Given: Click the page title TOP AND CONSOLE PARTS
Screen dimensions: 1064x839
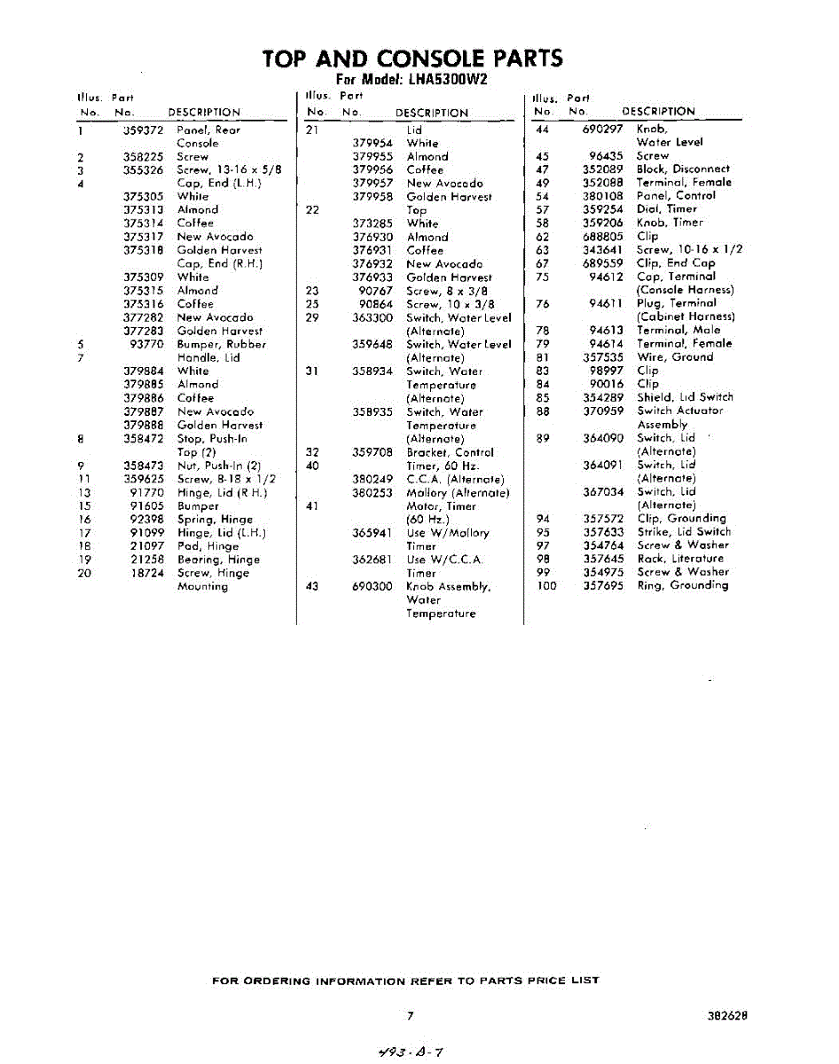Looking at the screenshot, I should coord(412,59).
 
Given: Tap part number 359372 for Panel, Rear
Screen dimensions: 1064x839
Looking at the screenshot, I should coord(144,129).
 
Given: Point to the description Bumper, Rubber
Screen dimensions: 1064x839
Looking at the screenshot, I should coord(221,344).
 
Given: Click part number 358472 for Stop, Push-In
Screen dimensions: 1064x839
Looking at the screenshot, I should coord(144,438).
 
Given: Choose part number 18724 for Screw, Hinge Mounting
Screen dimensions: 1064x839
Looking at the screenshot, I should coord(146,573).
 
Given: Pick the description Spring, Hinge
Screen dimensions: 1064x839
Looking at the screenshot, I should coord(215,520).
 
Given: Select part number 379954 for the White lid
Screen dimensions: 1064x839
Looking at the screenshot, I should coord(372,143).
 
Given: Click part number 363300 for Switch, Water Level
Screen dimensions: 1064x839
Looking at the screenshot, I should coord(372,317).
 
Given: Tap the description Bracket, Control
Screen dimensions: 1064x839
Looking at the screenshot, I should coord(450,452).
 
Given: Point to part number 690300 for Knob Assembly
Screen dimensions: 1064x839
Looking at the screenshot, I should coord(372,586).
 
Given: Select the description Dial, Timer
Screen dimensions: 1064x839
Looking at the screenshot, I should coord(667,209).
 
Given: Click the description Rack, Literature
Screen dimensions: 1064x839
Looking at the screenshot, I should coord(680,559).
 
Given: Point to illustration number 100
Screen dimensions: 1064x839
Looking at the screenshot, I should coord(545,585).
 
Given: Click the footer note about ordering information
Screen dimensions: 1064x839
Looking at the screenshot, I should coord(406,981).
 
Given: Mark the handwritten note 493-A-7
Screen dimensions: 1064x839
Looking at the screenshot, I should coord(409,1052).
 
